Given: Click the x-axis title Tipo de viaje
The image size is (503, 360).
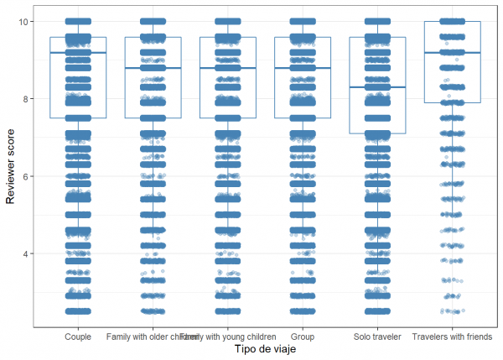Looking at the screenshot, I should tap(266, 349).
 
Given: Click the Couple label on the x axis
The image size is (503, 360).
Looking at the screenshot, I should tap(78, 337).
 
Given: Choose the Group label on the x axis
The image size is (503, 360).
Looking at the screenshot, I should tap(303, 337).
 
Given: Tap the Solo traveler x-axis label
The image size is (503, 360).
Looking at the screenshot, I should tap(377, 337).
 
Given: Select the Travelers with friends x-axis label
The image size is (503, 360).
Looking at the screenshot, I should tap(452, 337).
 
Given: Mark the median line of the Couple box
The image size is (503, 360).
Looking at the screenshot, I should tap(78, 53).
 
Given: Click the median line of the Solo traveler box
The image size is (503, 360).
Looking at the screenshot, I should tap(377, 87).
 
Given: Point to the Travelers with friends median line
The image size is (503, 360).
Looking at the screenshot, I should tap(452, 53).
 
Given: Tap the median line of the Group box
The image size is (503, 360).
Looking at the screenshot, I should tap(303, 68).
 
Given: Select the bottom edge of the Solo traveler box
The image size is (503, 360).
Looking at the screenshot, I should tap(377, 133).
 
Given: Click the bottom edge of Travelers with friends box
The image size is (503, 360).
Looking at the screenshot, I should tap(452, 102).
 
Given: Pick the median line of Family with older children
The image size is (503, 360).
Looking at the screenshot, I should tap(153, 68).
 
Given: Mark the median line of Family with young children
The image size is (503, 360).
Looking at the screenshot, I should tap(228, 68).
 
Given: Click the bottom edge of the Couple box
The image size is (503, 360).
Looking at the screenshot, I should tap(78, 118).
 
